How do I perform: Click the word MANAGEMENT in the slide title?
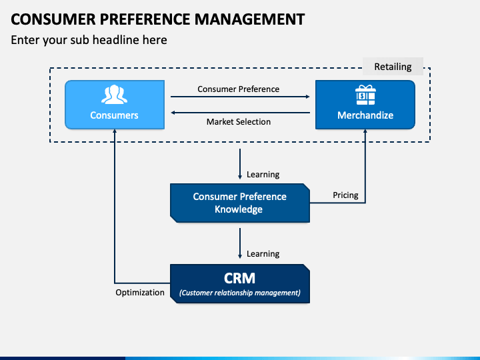point(245,19)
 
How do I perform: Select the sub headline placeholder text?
point(89,40)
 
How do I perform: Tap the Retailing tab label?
point(393,67)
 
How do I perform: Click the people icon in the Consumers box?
point(114,94)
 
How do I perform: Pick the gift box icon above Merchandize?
point(365,95)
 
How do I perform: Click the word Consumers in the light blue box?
point(114,115)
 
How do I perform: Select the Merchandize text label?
point(365,115)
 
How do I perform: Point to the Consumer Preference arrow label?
point(238,89)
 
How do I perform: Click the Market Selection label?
point(238,121)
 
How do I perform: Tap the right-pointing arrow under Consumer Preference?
point(240,97)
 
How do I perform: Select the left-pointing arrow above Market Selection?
point(240,113)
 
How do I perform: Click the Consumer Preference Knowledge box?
point(240,203)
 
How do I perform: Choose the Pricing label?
point(345,195)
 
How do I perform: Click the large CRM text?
point(239,277)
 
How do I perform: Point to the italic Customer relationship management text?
point(239,292)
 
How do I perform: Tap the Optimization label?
point(140,292)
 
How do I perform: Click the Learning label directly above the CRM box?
point(263,254)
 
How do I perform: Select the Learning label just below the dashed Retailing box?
point(263,175)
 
